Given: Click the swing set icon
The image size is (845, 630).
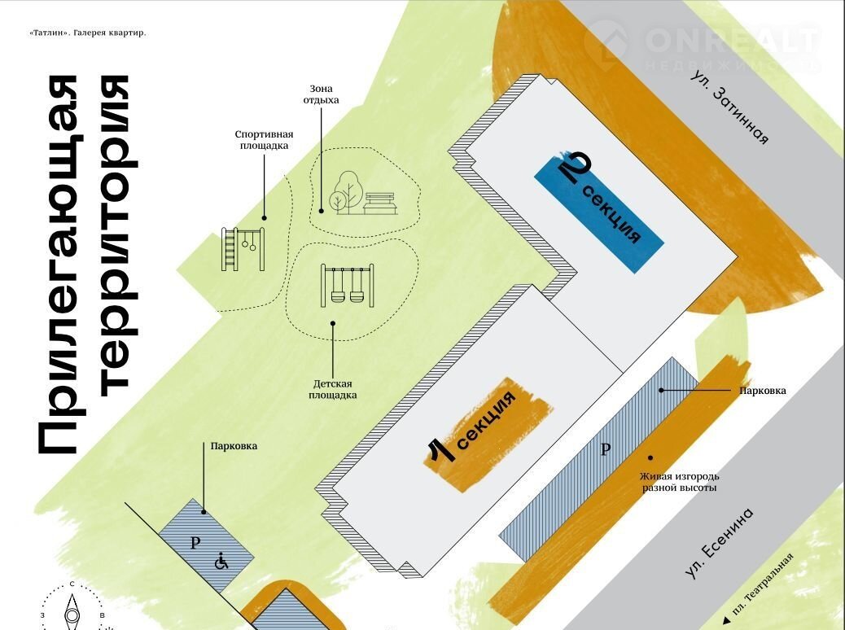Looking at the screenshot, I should click(x=348, y=284).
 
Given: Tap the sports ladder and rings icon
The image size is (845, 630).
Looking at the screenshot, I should click(x=243, y=249).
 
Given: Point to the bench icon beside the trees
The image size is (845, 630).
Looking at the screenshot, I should click(x=381, y=203).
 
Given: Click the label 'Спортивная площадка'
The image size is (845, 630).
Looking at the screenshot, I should click(x=263, y=140).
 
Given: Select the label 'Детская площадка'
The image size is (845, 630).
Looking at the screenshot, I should click(x=333, y=388).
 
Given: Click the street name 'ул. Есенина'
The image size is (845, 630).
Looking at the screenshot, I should click(x=720, y=543).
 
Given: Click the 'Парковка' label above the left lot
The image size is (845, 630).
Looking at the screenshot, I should click(x=234, y=446).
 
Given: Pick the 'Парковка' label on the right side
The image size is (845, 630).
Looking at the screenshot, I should click(x=763, y=391).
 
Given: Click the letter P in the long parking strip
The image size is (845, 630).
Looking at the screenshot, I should click(x=604, y=449).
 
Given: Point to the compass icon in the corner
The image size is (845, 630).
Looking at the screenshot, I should click(x=72, y=609).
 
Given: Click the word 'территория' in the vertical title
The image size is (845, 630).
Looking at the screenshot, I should click(x=116, y=236).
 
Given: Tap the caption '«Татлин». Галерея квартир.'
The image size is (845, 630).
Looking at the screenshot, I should click(x=87, y=33).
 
